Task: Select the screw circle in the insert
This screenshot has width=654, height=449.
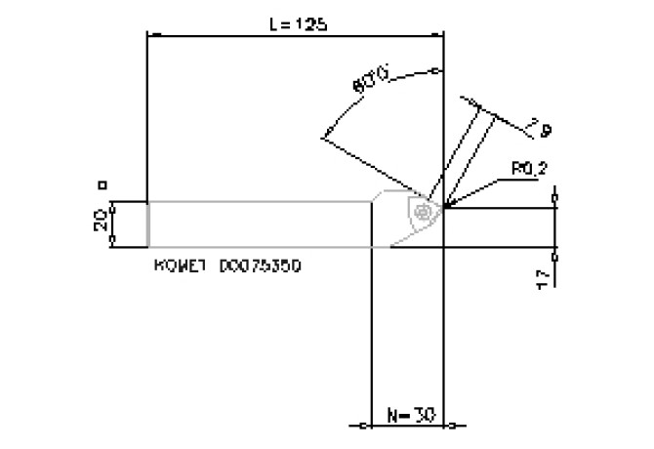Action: click(x=423, y=211)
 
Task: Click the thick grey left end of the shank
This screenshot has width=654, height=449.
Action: click(x=147, y=224)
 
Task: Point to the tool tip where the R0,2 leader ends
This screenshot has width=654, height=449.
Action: click(x=444, y=207)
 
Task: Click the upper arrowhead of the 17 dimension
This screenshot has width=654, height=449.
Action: click(x=554, y=209)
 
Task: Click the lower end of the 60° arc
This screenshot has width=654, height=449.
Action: click(x=322, y=139)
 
